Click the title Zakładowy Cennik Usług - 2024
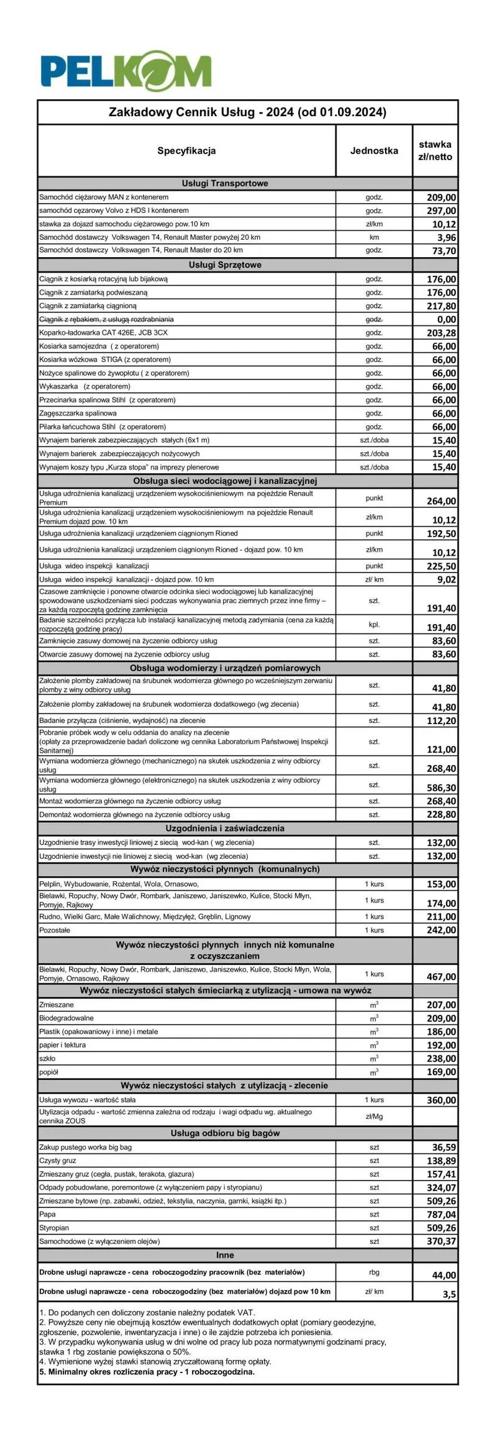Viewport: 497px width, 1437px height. [247, 112]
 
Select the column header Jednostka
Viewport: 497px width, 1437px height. [373, 150]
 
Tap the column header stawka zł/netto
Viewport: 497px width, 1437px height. [435, 150]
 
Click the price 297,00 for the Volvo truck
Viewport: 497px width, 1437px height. [441, 211]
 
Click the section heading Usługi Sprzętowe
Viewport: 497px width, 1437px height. [225, 265]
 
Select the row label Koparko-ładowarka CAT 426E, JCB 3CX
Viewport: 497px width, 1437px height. [103, 333]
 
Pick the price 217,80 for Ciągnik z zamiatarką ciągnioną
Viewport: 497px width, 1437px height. [441, 306]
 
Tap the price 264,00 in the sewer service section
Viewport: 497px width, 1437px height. [441, 501]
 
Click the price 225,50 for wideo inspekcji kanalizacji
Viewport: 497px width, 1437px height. [441, 566]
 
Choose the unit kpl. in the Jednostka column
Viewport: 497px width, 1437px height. [374, 624]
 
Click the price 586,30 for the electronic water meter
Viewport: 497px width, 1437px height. [441, 787]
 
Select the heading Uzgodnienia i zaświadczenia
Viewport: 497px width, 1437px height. [225, 828]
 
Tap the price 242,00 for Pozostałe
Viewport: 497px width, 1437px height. [441, 930]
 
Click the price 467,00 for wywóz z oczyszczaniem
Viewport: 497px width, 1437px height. [441, 977]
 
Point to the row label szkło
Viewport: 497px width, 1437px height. [47, 1058]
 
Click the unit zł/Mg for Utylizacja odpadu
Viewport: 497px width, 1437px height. [374, 1116]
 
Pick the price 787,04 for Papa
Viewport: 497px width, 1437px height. [441, 1214]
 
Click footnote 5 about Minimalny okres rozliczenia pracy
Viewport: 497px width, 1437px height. [147, 1372]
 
